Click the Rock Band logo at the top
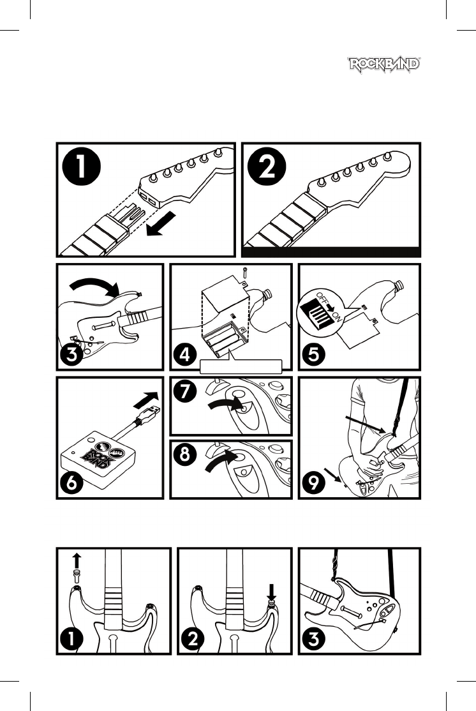[x=384, y=64]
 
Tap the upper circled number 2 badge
[x=267, y=168]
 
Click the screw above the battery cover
[x=245, y=273]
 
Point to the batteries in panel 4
[x=223, y=339]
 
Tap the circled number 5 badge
[x=314, y=354]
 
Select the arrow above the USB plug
[x=147, y=399]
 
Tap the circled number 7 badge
[x=184, y=391]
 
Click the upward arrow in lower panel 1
[x=77, y=560]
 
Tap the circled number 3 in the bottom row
[x=314, y=639]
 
